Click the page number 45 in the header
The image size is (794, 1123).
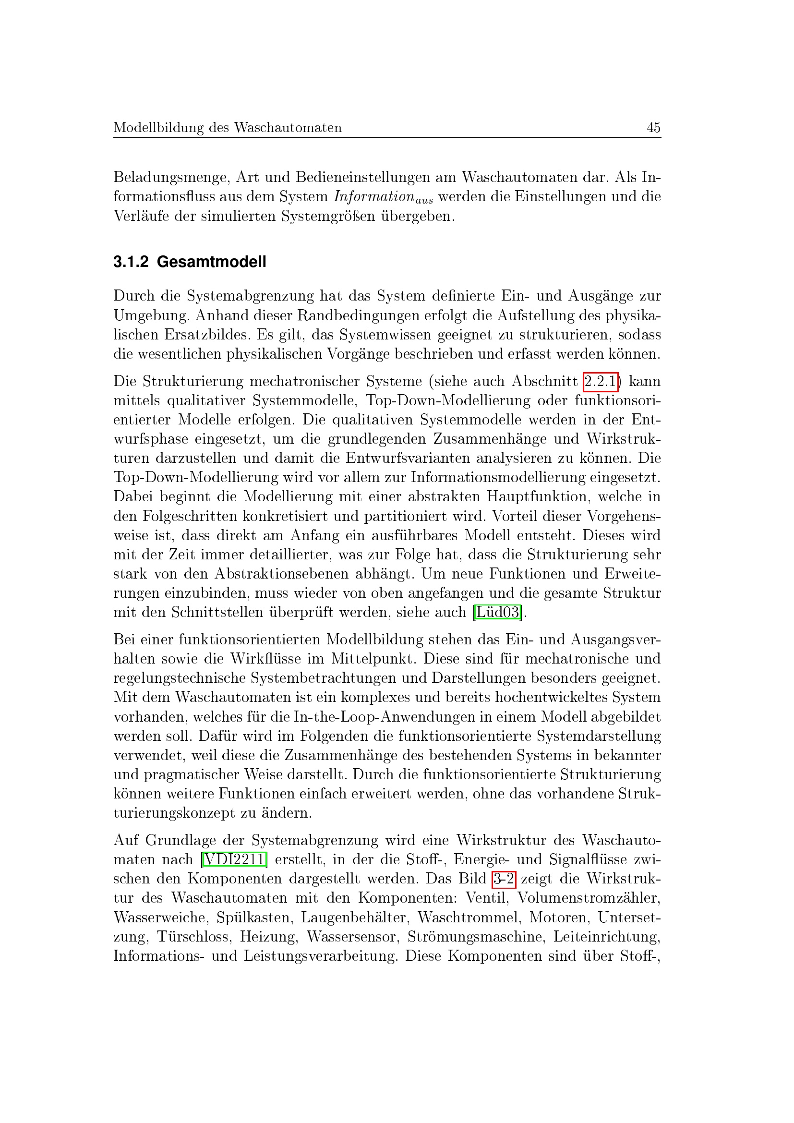653,128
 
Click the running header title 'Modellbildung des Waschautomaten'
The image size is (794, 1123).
228,128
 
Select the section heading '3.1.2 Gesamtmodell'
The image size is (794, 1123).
190,262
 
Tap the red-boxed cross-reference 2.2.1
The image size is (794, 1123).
601,381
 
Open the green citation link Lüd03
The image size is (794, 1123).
498,612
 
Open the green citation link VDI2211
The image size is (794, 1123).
234,859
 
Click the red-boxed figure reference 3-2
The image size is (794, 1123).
504,879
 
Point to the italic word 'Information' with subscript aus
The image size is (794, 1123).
374,197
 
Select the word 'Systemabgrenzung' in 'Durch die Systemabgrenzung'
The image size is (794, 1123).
250,296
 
